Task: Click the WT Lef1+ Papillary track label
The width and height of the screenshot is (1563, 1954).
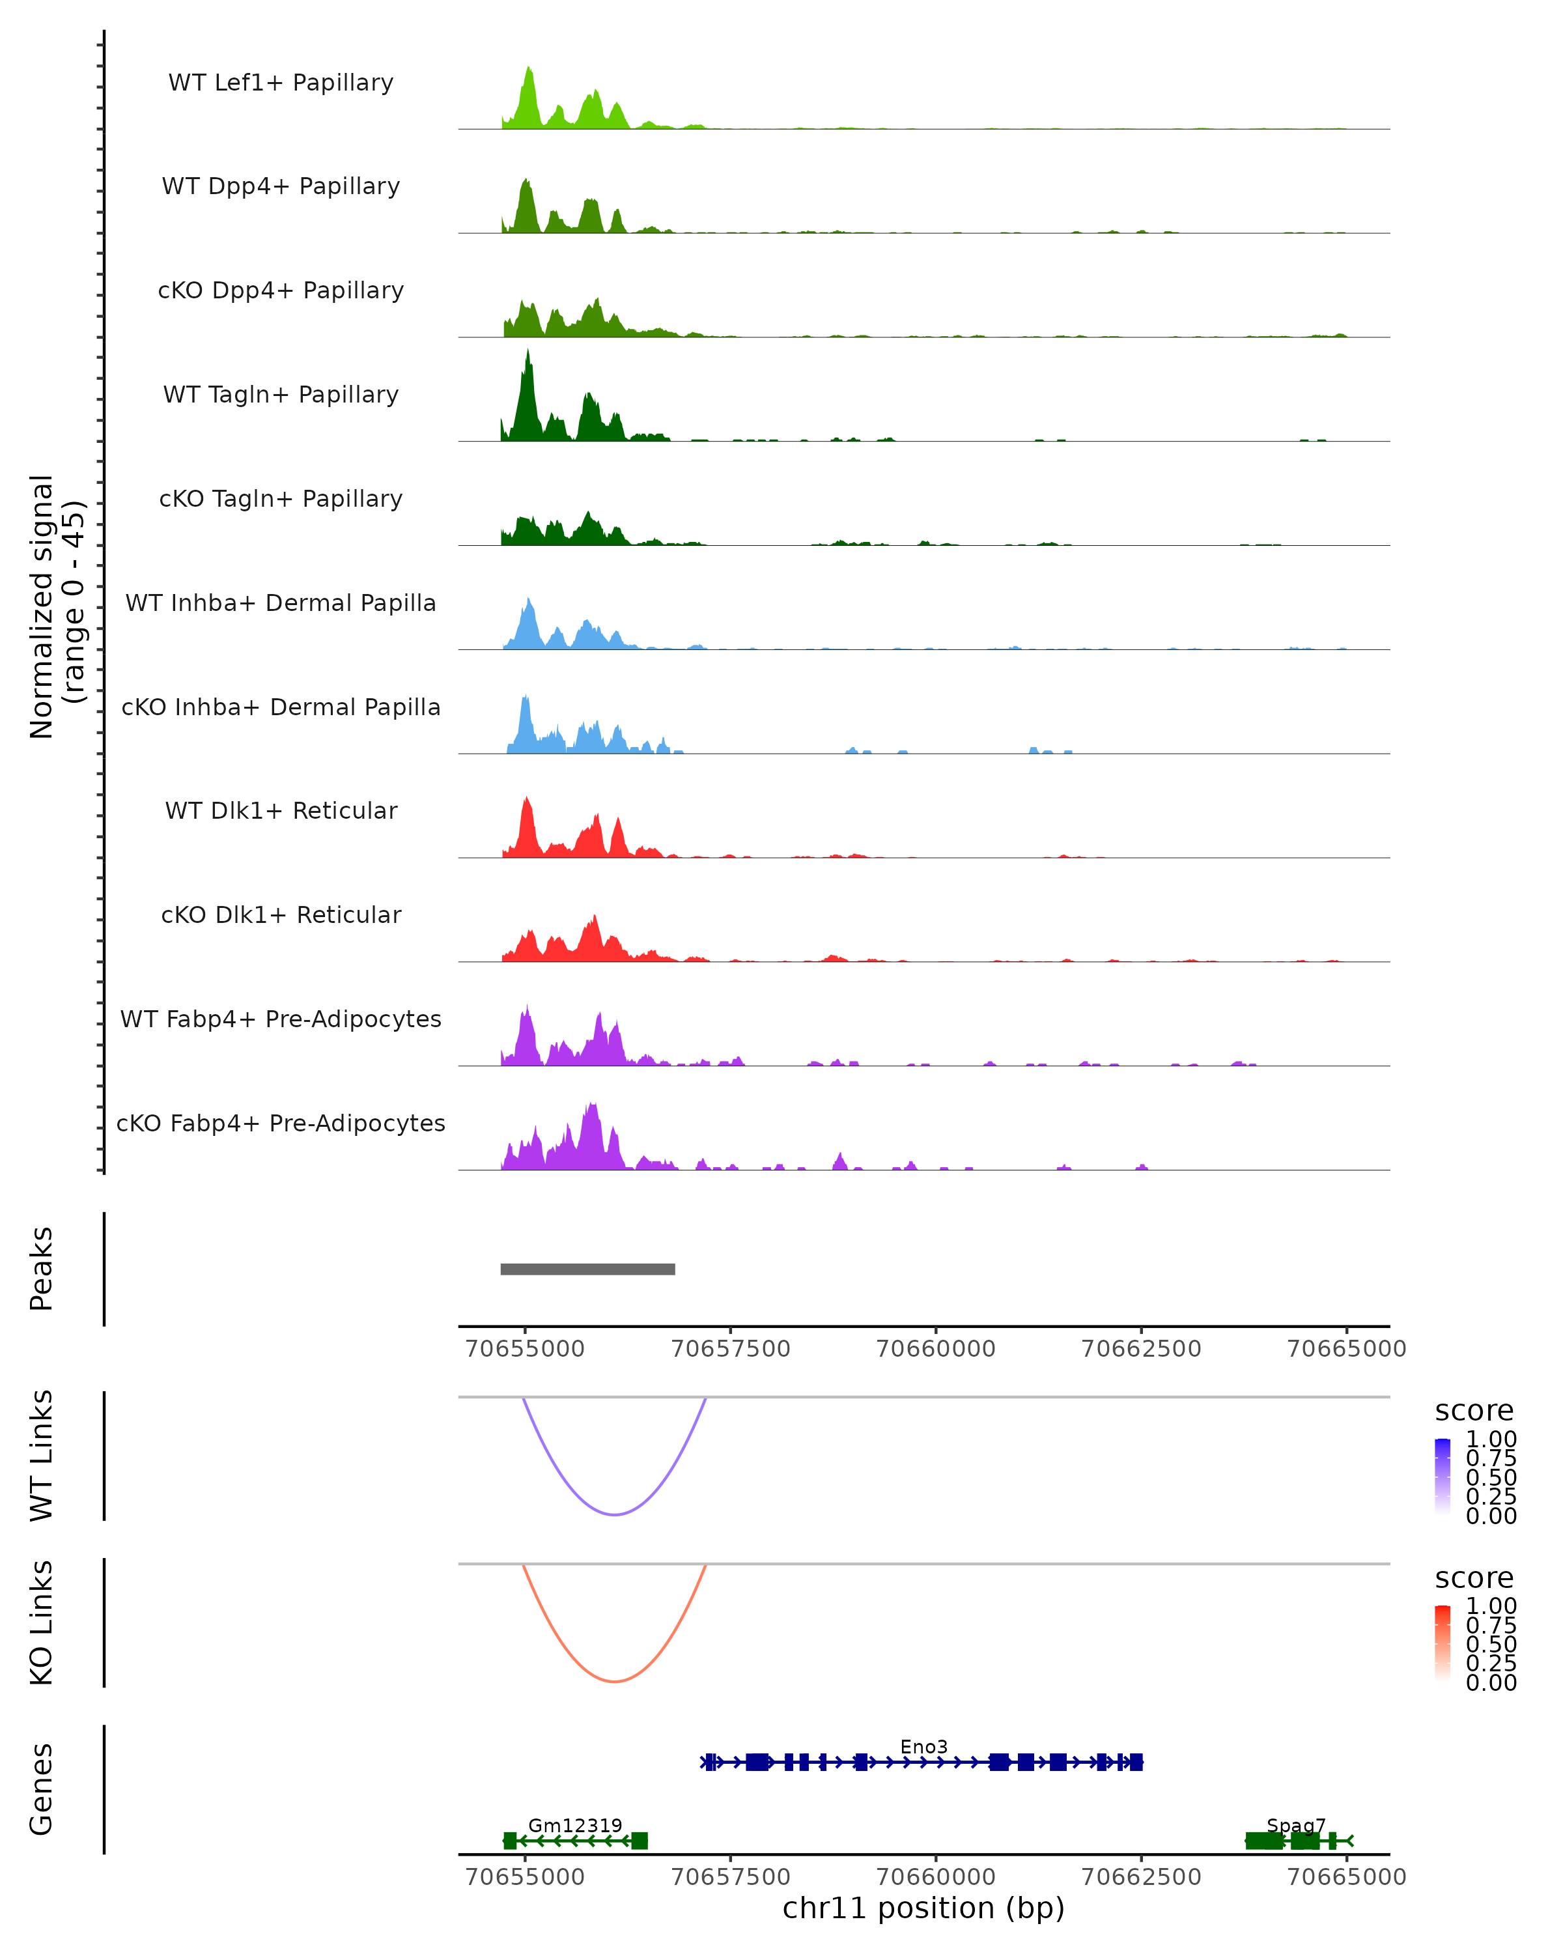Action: point(281,83)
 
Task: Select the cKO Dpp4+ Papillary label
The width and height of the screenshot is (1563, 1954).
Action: point(281,291)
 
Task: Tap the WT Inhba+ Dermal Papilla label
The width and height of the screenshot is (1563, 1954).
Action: point(281,604)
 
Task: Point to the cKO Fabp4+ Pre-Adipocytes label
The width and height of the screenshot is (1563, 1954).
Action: point(281,1124)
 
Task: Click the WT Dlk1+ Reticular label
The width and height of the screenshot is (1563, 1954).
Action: point(281,811)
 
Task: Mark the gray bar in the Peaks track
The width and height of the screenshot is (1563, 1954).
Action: point(587,1269)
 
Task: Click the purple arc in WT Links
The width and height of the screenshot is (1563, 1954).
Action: point(614,1514)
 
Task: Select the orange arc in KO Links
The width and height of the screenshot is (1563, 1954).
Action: point(614,1681)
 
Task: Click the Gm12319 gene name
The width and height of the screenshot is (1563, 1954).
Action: point(574,1825)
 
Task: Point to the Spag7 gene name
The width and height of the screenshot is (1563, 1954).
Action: point(1296,1825)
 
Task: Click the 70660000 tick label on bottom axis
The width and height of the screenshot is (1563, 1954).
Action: point(936,1877)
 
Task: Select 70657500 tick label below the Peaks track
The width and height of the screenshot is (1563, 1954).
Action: point(730,1349)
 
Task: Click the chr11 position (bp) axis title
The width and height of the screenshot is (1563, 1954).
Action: point(923,1908)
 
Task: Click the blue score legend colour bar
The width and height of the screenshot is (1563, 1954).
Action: point(1443,1475)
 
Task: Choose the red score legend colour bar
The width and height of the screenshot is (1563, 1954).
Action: point(1443,1642)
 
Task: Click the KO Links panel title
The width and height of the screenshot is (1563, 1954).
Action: point(42,1622)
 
